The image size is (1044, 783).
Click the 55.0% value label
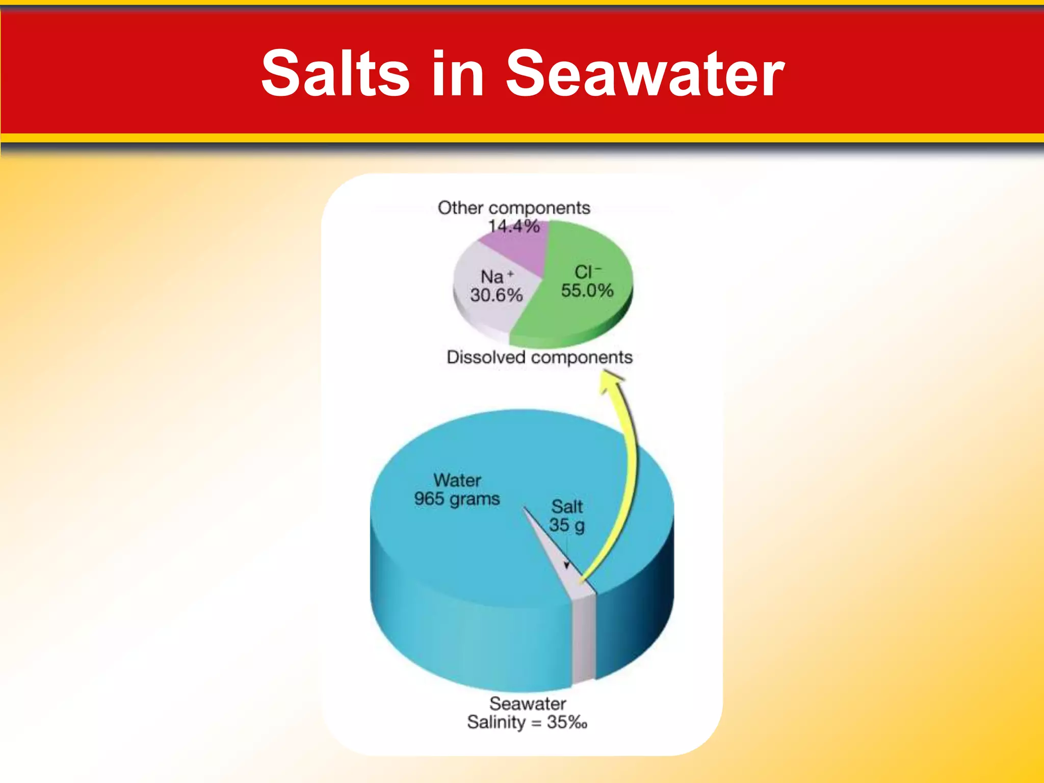tap(587, 291)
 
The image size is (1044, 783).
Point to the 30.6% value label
tap(497, 295)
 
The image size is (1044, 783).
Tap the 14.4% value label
tap(514, 226)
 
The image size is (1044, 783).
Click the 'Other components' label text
tap(514, 208)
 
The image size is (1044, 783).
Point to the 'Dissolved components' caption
tap(539, 357)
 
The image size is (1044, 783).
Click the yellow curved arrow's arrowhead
tap(612, 380)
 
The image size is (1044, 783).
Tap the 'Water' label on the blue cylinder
tap(457, 480)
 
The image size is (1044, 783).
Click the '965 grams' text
tap(457, 499)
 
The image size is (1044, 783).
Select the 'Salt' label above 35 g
tap(567, 507)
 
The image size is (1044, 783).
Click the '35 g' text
tap(566, 525)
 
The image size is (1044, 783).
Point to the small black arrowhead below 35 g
tap(566, 565)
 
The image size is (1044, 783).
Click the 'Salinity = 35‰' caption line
tap(527, 722)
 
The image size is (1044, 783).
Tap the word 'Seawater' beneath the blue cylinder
tap(528, 703)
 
